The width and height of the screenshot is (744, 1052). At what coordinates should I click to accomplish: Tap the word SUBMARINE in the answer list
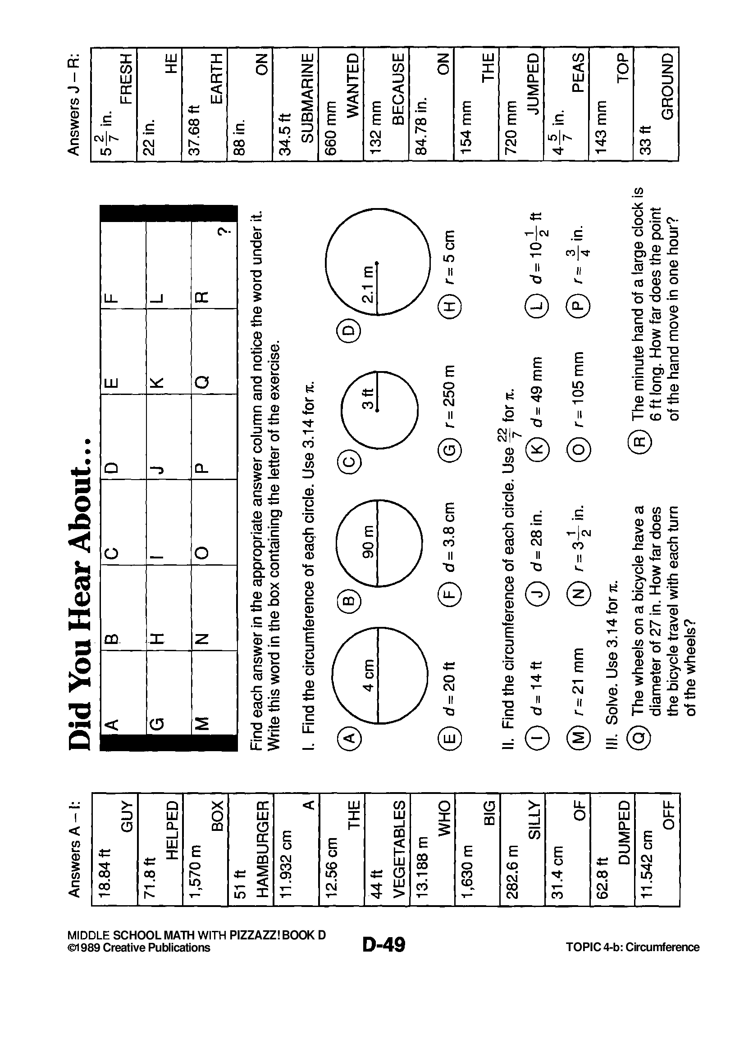click(x=308, y=98)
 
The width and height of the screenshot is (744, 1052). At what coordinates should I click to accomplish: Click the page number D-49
click(x=383, y=945)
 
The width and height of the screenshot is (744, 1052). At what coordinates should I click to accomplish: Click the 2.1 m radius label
click(x=368, y=285)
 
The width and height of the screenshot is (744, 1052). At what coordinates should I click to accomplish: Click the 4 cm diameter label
click(x=369, y=675)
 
